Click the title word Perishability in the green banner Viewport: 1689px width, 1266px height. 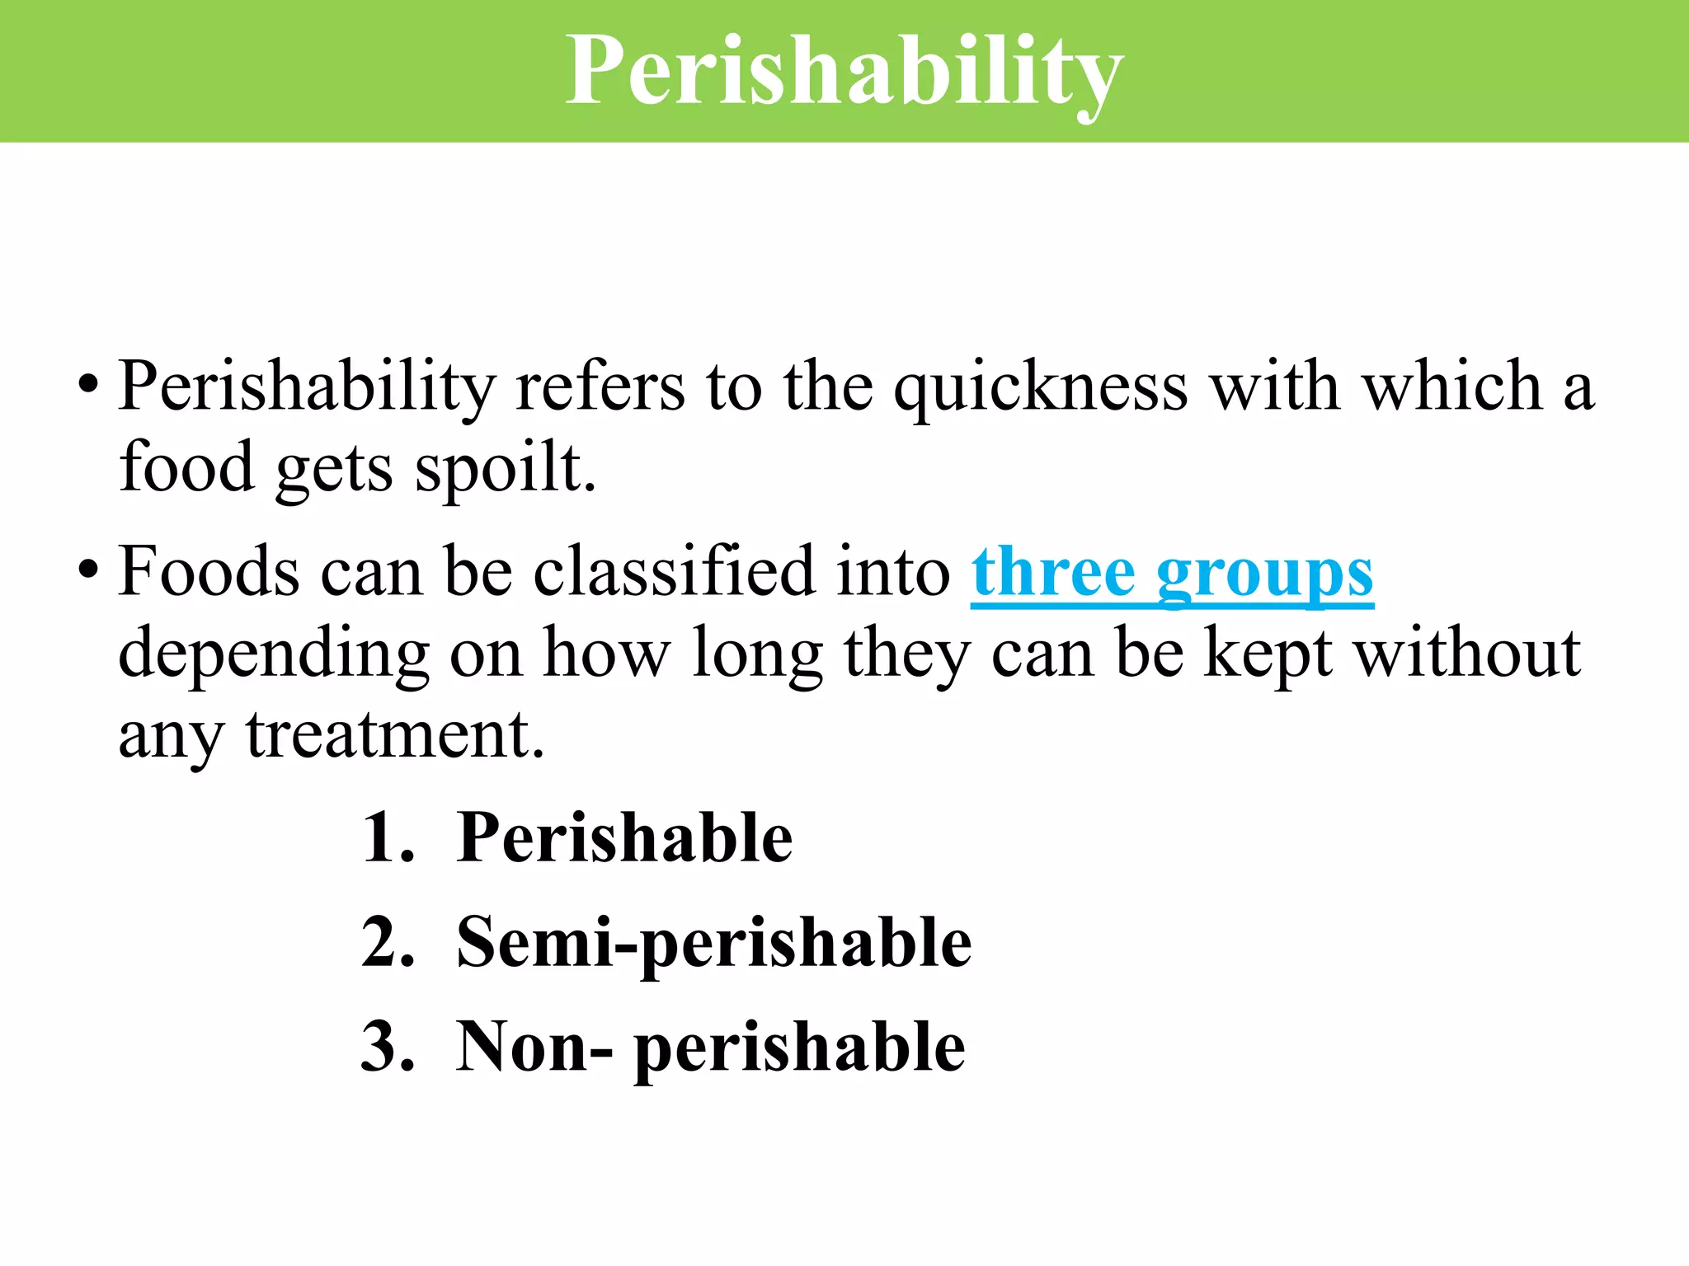(x=844, y=73)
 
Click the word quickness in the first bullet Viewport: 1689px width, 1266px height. (x=1041, y=387)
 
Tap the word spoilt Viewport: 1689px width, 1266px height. (x=505, y=468)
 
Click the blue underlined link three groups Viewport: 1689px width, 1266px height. (x=1172, y=573)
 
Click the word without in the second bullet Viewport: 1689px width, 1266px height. (x=1468, y=653)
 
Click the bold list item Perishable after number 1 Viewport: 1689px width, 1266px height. (x=624, y=838)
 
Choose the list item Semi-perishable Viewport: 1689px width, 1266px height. (x=713, y=943)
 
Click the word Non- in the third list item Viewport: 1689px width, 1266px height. (x=534, y=1048)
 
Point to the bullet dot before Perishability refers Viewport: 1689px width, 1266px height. (x=88, y=385)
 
